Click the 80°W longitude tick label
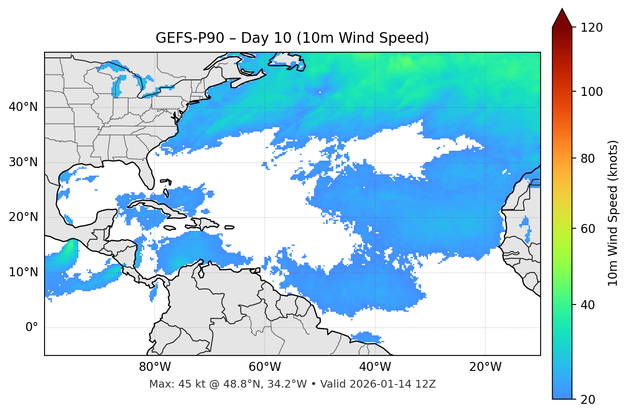coord(155,367)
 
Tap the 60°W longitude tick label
coord(265,367)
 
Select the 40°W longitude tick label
coord(375,367)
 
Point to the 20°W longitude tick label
coord(485,367)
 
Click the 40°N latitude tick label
coord(23,107)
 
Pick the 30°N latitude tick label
coord(23,162)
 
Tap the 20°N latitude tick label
coord(23,217)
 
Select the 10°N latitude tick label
coord(23,272)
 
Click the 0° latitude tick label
coord(32,328)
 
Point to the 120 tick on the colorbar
coord(591,27)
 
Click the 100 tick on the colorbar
coord(591,92)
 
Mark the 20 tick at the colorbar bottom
coord(588,399)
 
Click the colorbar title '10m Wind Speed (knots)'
coord(613,213)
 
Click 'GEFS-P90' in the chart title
coord(190,38)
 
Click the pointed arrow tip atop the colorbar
coord(562,9)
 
